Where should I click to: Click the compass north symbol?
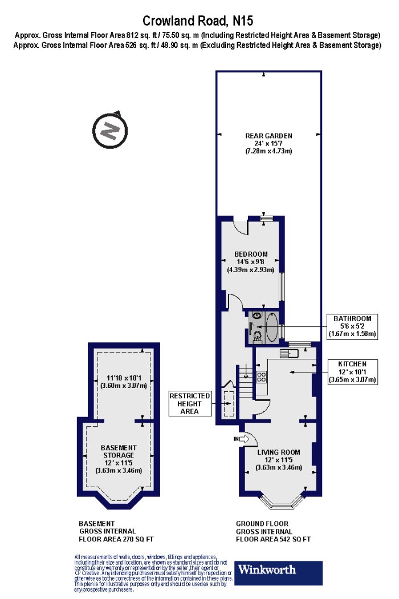(x=110, y=130)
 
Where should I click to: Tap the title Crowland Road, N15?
(x=197, y=20)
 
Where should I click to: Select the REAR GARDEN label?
(x=268, y=136)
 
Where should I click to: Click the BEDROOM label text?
(x=251, y=254)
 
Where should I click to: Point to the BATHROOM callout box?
(x=352, y=326)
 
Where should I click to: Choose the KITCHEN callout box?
(x=352, y=372)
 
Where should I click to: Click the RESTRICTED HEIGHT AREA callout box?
(x=190, y=403)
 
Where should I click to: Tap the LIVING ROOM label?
(x=278, y=452)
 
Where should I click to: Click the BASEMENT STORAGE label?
(x=119, y=451)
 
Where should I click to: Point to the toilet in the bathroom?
(x=257, y=336)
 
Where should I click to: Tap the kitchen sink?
(x=290, y=353)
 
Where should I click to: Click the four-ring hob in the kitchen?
(x=261, y=377)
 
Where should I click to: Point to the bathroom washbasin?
(x=257, y=315)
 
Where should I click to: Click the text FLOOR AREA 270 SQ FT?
(x=116, y=539)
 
